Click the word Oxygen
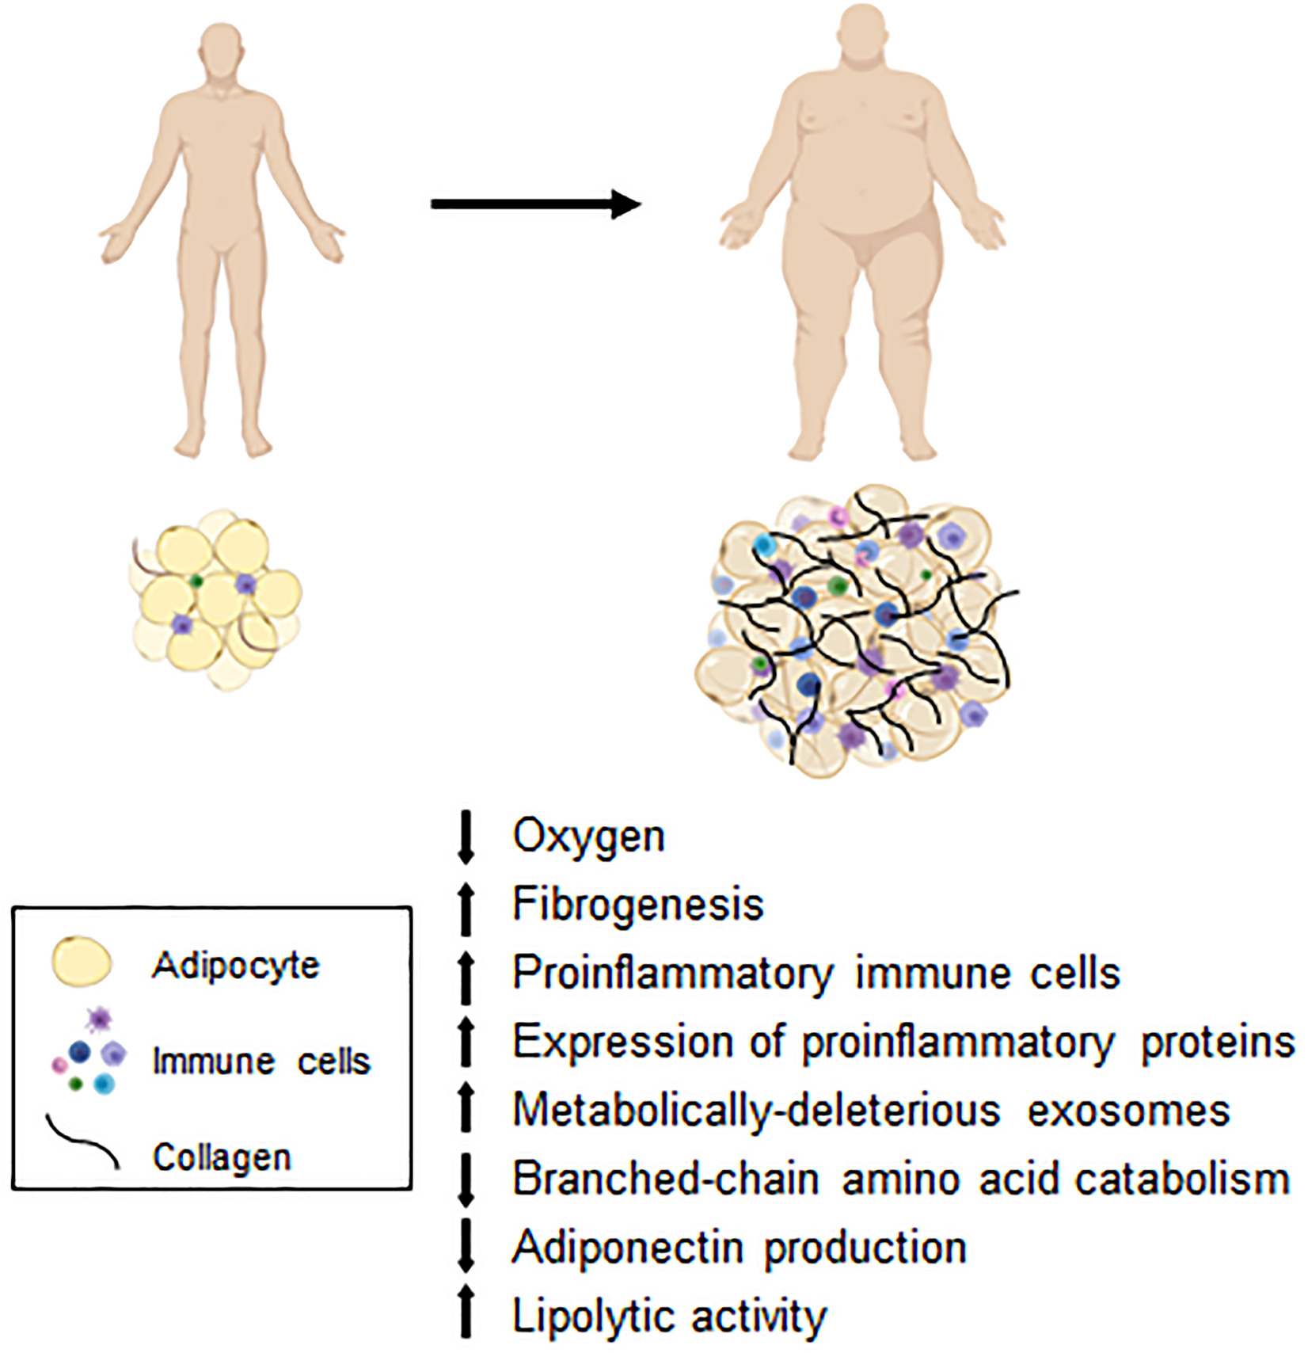point(588,837)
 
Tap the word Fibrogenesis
point(637,905)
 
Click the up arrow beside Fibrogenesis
point(466,909)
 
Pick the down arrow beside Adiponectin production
point(466,1247)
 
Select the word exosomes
point(1128,1110)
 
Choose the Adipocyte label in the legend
point(236,966)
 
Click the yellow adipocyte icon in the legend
point(81,962)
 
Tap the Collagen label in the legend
point(222,1157)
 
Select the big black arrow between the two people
point(535,204)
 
